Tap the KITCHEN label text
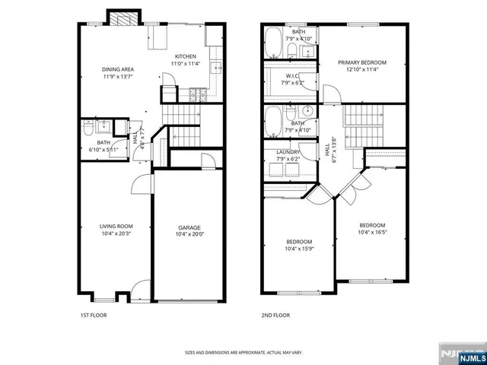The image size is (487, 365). pyautogui.click(x=186, y=56)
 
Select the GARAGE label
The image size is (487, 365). pyautogui.click(x=189, y=227)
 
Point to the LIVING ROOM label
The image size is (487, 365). pyautogui.click(x=116, y=226)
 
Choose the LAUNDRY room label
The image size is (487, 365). pyautogui.click(x=288, y=152)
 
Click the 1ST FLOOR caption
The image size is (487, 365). pyautogui.click(x=93, y=314)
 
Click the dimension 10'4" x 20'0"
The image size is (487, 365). pyautogui.click(x=189, y=234)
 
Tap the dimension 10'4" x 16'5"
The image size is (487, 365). pyautogui.click(x=372, y=232)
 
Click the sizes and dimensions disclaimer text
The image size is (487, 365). pyautogui.click(x=243, y=352)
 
